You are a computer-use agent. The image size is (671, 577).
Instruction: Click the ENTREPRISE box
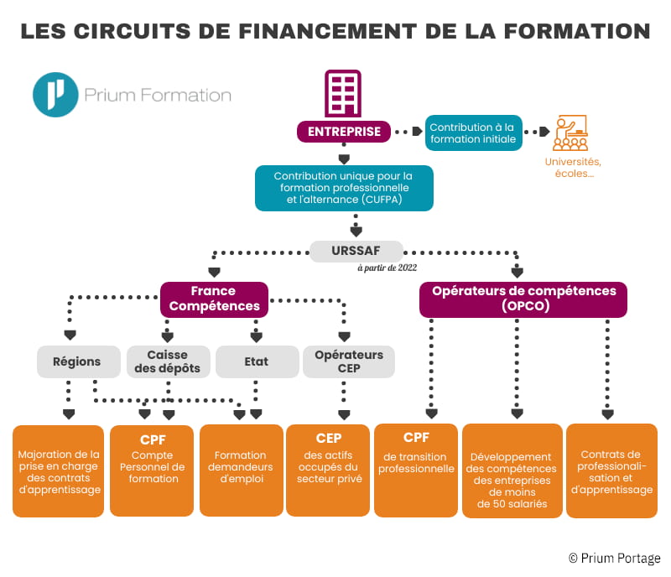(x=344, y=132)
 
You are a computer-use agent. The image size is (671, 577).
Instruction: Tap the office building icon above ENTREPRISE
(x=342, y=94)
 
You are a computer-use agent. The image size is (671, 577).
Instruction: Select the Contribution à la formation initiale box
(x=474, y=133)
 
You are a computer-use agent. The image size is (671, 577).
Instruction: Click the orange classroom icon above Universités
(x=570, y=133)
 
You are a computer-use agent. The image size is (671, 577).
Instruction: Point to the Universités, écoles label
(x=573, y=167)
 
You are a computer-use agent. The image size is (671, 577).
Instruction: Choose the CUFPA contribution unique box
(x=344, y=189)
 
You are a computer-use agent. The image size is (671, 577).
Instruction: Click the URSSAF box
(x=356, y=250)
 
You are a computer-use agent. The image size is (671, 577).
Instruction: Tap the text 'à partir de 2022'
(x=388, y=268)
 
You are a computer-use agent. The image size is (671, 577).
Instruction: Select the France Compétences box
(x=214, y=299)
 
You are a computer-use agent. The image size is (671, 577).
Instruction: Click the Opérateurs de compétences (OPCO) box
(x=523, y=299)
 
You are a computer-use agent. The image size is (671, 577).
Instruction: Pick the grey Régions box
(x=76, y=361)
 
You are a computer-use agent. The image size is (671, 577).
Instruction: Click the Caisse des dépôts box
(x=168, y=361)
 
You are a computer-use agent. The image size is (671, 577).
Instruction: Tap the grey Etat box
(x=257, y=361)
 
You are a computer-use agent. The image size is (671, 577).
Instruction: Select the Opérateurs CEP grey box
(x=348, y=361)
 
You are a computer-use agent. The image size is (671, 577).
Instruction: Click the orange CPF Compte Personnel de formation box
(x=153, y=470)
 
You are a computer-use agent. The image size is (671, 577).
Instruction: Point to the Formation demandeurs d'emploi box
(x=241, y=470)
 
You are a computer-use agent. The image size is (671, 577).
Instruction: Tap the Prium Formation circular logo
(x=55, y=95)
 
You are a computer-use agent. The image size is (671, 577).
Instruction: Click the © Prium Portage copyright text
(x=614, y=558)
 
